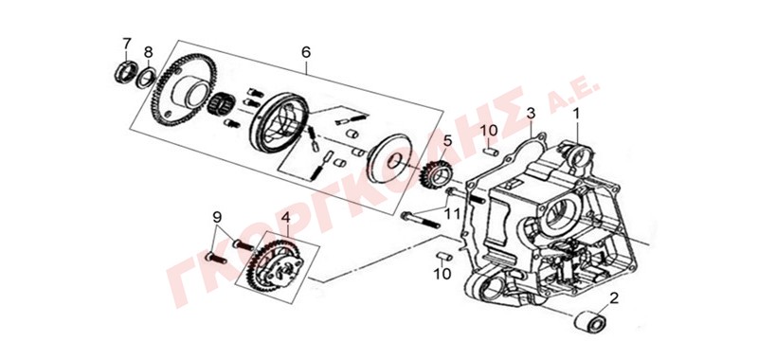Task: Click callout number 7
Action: point(127,44)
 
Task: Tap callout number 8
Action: point(149,52)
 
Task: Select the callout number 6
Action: point(306,52)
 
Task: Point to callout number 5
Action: point(447,141)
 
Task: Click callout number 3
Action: point(531,114)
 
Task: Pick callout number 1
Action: point(576,114)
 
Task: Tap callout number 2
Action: point(614,298)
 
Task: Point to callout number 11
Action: point(452,213)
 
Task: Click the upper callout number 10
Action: point(488,131)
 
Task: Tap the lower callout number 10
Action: point(442,274)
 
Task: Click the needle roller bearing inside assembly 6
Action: point(221,104)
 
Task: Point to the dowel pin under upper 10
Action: point(490,152)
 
